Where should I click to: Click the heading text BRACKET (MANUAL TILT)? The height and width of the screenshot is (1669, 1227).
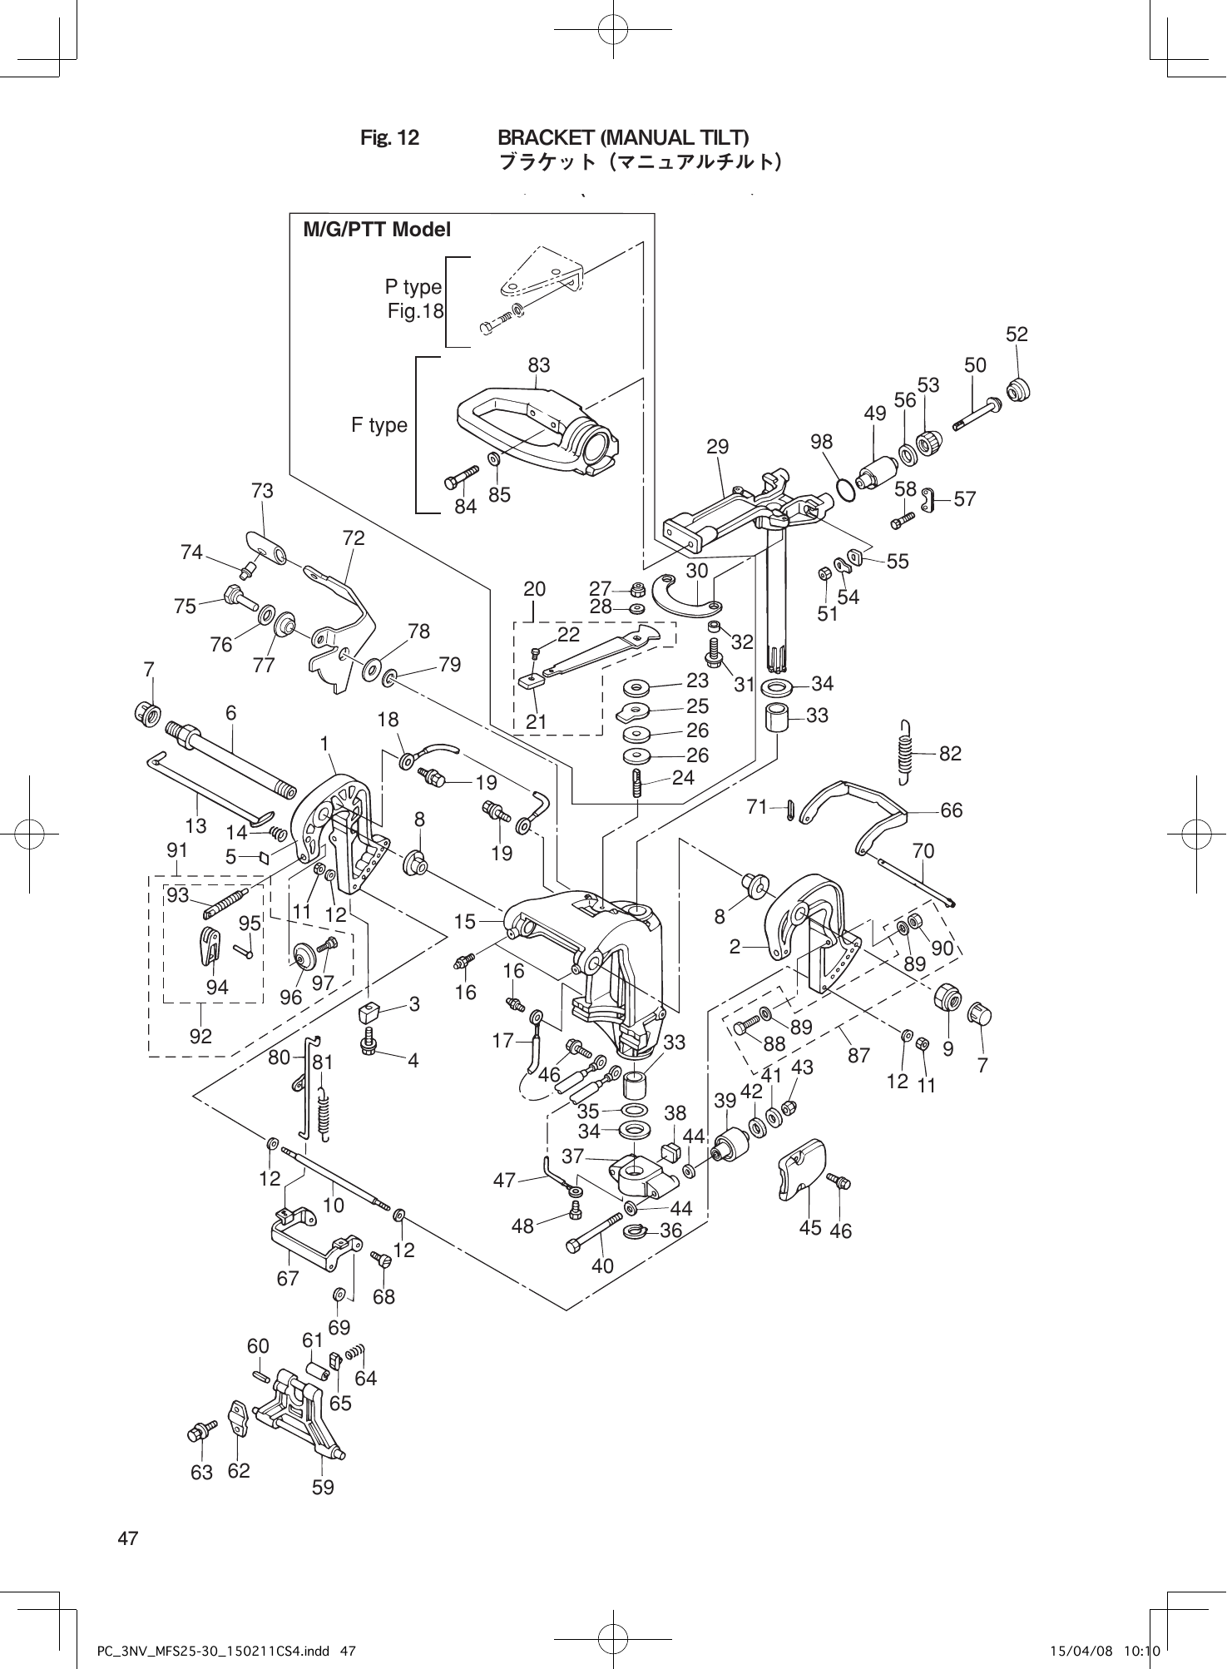tap(623, 136)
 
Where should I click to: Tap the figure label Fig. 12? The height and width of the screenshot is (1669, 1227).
tap(389, 137)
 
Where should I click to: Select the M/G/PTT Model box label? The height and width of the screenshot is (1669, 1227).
tap(377, 230)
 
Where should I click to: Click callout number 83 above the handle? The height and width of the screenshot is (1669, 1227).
tap(538, 365)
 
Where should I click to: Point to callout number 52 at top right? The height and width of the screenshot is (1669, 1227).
tap(1017, 334)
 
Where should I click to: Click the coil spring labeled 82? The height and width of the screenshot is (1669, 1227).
tap(906, 752)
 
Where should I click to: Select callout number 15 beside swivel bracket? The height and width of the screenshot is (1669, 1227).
tap(465, 921)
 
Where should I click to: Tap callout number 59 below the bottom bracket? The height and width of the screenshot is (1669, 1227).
tap(323, 1487)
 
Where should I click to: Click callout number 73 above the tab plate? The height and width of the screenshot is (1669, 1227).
tap(262, 491)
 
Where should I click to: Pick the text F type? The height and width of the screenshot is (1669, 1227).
tap(379, 425)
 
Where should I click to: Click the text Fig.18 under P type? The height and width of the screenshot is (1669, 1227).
tap(416, 312)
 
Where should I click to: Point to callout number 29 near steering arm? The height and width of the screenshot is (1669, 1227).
tap(717, 447)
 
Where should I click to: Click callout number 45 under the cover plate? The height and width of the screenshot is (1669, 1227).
tap(809, 1227)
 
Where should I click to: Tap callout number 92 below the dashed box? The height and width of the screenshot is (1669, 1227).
tap(200, 1036)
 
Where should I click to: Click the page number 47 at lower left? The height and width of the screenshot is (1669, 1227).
tap(127, 1538)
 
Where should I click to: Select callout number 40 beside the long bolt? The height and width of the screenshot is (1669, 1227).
tap(602, 1265)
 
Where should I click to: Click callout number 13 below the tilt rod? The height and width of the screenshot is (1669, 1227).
tap(196, 825)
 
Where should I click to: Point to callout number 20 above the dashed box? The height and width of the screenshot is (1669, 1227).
tap(534, 589)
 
